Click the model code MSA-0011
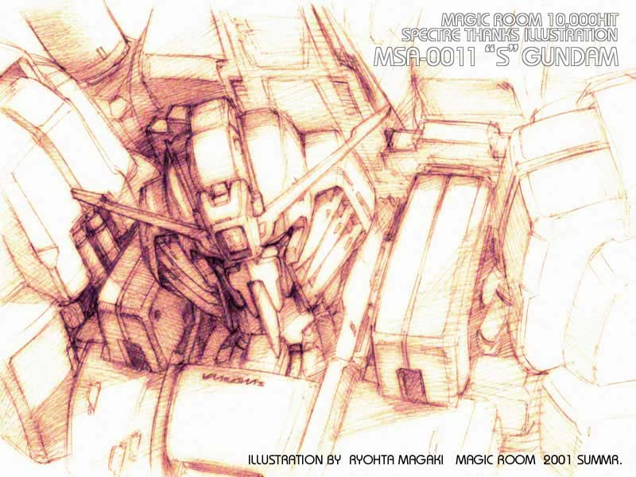pos(425,56)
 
